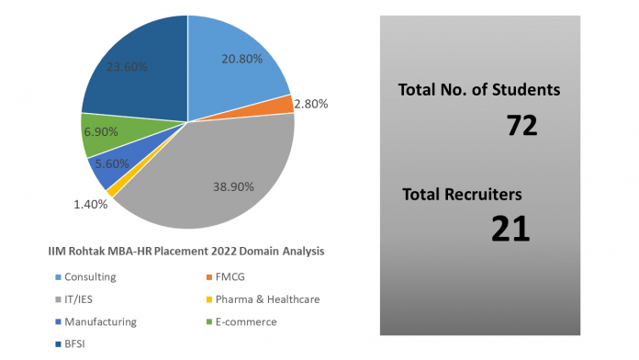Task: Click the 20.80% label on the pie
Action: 242,59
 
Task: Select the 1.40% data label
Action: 91,204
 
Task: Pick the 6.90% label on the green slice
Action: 100,131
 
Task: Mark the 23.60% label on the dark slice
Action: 129,66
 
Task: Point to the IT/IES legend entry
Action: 77,298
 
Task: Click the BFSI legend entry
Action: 73,343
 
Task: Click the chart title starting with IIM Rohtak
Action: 185,250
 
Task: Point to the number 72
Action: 521,126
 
